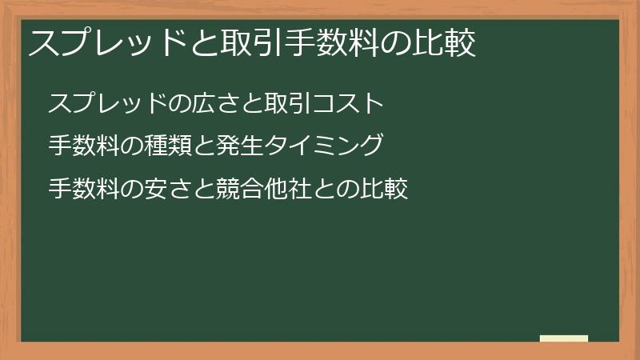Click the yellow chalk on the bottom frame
564,338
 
